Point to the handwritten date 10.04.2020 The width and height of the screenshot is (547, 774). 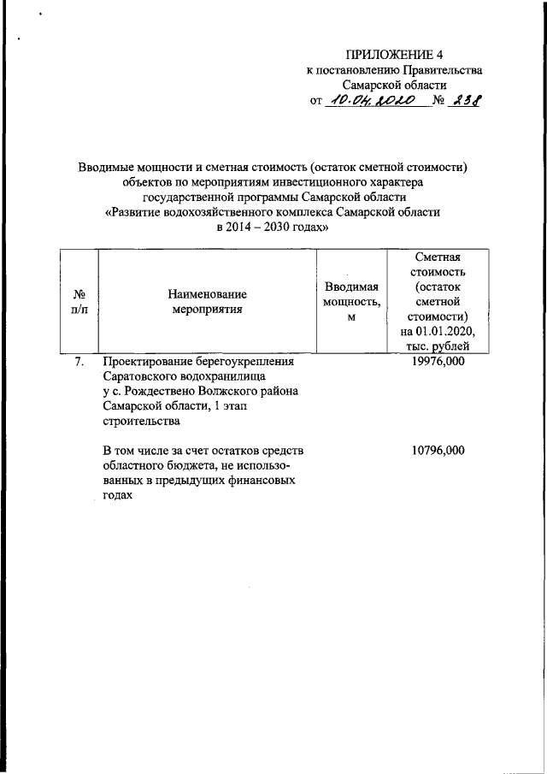pyautogui.click(x=373, y=102)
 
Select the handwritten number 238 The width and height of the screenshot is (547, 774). pyautogui.click(x=466, y=102)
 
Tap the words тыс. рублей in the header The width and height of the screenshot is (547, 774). pyautogui.click(x=438, y=346)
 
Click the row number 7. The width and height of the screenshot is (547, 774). pyautogui.click(x=78, y=362)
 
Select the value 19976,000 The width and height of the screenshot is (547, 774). pyautogui.click(x=438, y=362)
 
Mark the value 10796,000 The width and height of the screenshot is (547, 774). pyautogui.click(x=438, y=450)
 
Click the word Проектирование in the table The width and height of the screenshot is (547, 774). pyautogui.click(x=147, y=362)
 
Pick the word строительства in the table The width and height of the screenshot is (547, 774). pyautogui.click(x=141, y=422)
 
